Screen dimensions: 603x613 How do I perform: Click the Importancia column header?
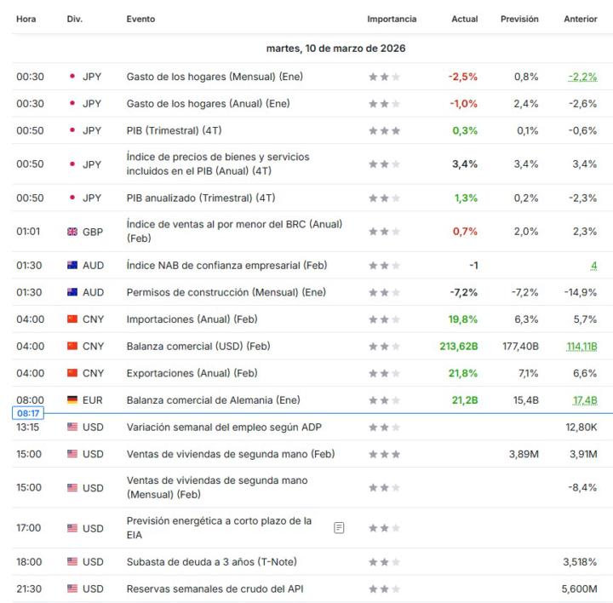pos(392,19)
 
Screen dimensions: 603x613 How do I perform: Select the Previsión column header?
pos(519,19)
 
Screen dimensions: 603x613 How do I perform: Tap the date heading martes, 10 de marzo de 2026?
pos(335,49)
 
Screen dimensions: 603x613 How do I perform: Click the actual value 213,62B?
pos(459,347)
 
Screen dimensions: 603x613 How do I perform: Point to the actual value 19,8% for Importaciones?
pos(463,319)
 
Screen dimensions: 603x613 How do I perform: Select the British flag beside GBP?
pos(72,232)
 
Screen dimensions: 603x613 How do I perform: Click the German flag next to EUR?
pos(72,400)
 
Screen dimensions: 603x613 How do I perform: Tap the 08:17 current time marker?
pos(26,414)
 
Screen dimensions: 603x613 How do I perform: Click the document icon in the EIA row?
pos(340,528)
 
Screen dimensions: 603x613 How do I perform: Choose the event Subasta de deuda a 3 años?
pos(212,562)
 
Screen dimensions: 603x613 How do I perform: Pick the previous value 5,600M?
pos(580,589)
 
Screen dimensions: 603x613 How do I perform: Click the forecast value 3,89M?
pos(524,454)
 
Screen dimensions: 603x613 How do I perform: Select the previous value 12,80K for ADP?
pos(581,428)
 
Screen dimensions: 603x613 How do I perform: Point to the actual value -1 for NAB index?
pos(473,266)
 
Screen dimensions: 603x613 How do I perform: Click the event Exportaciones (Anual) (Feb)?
pos(192,373)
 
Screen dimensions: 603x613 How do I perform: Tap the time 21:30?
pos(29,589)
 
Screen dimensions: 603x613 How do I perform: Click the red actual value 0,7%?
pos(466,232)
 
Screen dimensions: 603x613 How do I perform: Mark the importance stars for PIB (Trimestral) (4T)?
pos(384,131)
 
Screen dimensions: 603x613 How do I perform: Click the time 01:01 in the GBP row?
pos(28,232)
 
